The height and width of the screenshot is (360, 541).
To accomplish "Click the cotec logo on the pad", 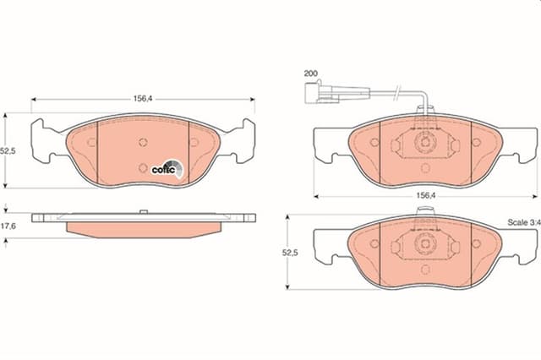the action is point(167,169).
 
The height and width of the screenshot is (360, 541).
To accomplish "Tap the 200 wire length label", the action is point(310,74).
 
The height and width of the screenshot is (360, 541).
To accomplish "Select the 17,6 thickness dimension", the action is point(8,226).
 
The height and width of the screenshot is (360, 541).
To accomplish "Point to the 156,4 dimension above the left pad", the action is point(143,99).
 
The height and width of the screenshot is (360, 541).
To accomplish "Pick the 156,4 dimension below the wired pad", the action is point(426,195).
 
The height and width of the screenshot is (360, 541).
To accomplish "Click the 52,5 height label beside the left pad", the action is point(8,150).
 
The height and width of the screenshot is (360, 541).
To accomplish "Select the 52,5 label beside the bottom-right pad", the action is point(290,253).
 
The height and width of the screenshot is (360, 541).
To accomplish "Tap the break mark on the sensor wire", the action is point(398,92).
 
